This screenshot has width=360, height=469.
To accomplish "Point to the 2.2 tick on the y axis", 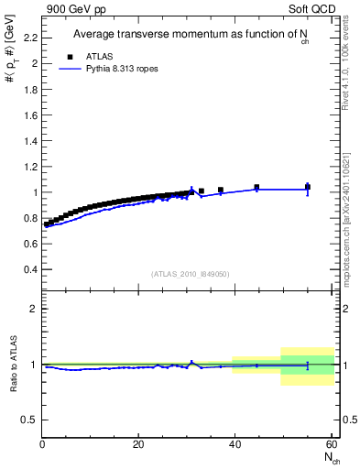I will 29,38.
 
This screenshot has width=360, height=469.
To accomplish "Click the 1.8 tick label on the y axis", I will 29,90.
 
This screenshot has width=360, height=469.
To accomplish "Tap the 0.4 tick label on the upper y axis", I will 29,270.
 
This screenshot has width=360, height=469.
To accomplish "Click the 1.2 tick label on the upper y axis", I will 29,167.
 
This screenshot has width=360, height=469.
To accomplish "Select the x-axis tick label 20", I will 138,444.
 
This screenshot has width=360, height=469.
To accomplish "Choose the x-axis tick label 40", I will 235,444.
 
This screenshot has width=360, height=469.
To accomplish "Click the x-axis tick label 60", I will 331,444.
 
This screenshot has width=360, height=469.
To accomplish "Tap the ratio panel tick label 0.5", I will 29,420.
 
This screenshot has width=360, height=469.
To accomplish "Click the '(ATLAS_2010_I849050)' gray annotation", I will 190,274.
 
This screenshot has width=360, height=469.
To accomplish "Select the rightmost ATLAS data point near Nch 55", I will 308,187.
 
